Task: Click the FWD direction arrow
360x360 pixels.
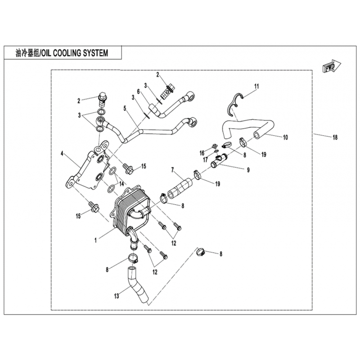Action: click(332, 67)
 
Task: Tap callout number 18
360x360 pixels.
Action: click(335, 137)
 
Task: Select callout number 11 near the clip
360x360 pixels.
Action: click(256, 86)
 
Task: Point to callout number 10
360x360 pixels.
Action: click(285, 137)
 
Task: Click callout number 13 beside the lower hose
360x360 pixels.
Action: click(117, 296)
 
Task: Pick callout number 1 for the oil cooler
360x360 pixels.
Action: click(95, 240)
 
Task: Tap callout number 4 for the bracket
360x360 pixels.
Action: click(62, 154)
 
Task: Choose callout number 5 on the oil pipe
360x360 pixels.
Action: click(125, 108)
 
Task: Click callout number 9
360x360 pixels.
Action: click(248, 170)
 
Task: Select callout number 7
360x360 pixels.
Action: click(173, 170)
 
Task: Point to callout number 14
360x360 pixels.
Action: click(121, 184)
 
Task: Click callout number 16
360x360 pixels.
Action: click(202, 153)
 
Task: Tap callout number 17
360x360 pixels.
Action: click(206, 160)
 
